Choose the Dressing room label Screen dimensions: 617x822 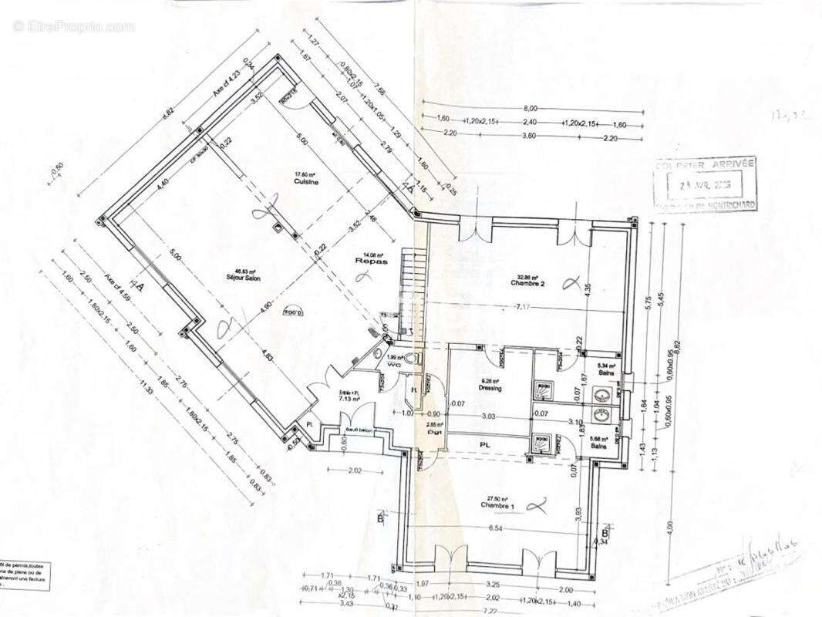click(x=490, y=388)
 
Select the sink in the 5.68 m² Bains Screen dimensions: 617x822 click(x=601, y=415)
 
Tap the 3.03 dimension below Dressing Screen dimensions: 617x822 click(x=488, y=417)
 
